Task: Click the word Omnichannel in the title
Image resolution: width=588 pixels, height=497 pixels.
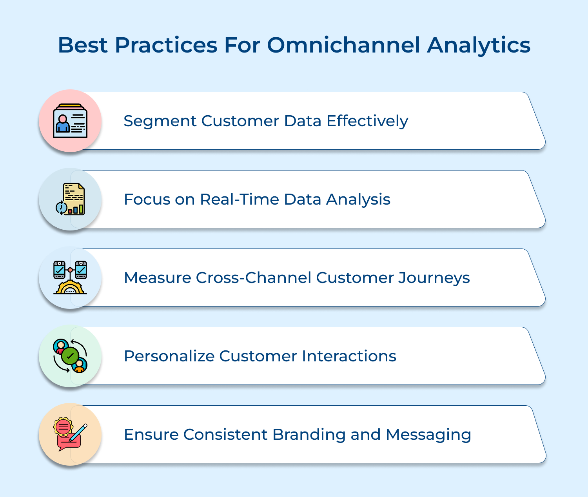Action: [x=344, y=45]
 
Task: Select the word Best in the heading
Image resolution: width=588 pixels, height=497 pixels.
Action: [x=83, y=45]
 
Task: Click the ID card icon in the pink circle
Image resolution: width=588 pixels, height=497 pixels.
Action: [x=70, y=121]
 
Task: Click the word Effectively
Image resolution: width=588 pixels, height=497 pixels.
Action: [x=367, y=121]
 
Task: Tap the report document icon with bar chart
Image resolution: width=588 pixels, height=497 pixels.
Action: [x=73, y=199]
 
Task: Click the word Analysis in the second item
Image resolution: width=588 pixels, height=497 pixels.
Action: [x=358, y=200]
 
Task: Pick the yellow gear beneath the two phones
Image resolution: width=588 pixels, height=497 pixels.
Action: [x=70, y=287]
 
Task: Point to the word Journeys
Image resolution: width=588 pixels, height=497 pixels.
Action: [x=434, y=278]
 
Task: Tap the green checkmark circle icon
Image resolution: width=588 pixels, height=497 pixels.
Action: [x=70, y=356]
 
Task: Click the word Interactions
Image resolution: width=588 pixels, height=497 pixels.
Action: [x=349, y=356]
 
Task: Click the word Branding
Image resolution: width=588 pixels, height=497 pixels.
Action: [x=309, y=435]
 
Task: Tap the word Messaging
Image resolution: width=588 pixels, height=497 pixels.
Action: [x=428, y=435]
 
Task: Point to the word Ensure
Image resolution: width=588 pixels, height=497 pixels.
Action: [x=151, y=435]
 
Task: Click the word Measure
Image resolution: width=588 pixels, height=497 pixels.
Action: [x=158, y=278]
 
